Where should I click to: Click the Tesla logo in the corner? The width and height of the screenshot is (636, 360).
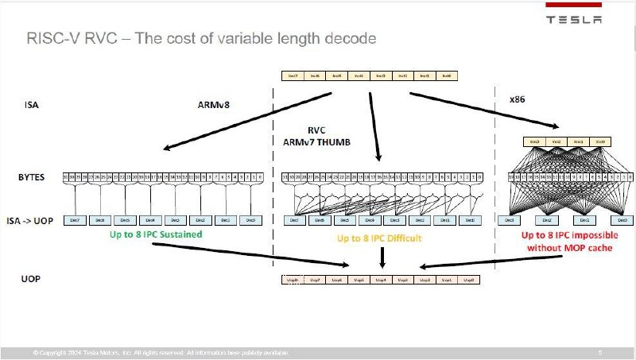coord(572,19)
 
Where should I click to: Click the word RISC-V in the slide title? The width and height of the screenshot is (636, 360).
coord(51,38)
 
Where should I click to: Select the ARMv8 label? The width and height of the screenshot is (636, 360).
coord(213,103)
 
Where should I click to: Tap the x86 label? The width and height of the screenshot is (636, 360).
coord(517,101)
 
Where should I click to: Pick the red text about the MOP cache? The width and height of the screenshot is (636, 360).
coord(568,241)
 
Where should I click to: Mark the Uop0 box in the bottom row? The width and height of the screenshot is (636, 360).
coord(469,281)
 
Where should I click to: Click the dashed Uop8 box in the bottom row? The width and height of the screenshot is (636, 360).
coord(292,281)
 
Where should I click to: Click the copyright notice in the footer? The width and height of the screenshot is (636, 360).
coord(159,352)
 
